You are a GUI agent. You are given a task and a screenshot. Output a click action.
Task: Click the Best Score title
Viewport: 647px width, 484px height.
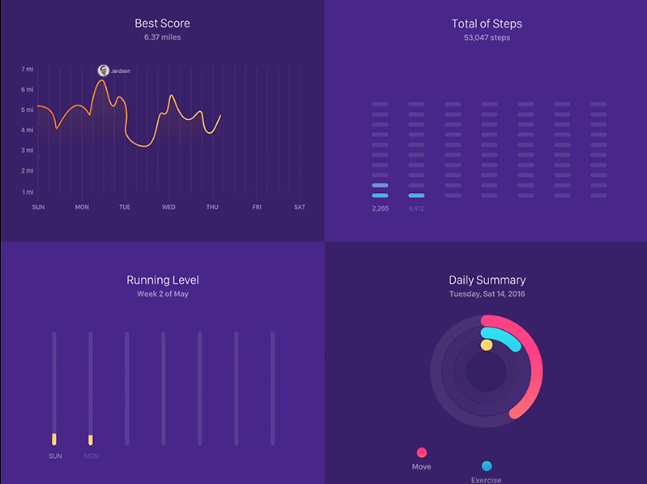pyautogui.click(x=163, y=24)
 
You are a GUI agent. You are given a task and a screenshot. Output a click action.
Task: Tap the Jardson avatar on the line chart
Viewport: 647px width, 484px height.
pyautogui.click(x=103, y=71)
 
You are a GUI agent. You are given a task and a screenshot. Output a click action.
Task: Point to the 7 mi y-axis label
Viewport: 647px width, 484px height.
pyautogui.click(x=28, y=70)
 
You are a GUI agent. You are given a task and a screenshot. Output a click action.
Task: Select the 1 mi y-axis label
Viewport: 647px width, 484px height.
pyautogui.click(x=28, y=192)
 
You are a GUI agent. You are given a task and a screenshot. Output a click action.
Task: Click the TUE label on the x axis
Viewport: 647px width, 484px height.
pyautogui.click(x=125, y=208)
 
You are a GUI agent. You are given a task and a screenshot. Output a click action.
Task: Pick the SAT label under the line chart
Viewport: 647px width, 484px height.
pyautogui.click(x=300, y=208)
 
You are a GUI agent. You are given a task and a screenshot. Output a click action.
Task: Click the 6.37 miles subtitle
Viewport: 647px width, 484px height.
pyautogui.click(x=163, y=38)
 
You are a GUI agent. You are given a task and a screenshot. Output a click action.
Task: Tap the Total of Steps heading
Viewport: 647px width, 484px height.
pyautogui.click(x=487, y=24)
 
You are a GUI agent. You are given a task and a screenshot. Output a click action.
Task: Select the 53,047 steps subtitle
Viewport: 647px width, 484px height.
pyautogui.click(x=487, y=38)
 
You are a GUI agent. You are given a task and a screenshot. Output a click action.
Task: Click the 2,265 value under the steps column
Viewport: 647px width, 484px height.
pyautogui.click(x=380, y=209)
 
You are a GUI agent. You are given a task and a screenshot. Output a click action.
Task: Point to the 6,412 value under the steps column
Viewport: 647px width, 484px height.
pyautogui.click(x=416, y=209)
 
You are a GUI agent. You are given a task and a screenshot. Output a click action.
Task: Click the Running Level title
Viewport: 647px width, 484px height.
pyautogui.click(x=163, y=281)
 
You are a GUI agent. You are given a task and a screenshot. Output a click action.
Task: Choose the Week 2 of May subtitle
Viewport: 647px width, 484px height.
pyautogui.click(x=163, y=294)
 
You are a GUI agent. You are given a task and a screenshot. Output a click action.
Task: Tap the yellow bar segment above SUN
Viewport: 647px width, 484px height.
pyautogui.click(x=54, y=439)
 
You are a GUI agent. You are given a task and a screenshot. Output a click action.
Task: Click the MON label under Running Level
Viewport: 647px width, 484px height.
pyautogui.click(x=91, y=456)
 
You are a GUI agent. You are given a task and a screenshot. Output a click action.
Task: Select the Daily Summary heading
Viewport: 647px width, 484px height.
pyautogui.click(x=487, y=281)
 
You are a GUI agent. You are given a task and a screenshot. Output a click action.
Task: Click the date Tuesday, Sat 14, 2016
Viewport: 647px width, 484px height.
pyautogui.click(x=487, y=294)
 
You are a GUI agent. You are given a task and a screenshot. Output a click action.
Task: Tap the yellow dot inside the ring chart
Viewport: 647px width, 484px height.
pyautogui.click(x=486, y=345)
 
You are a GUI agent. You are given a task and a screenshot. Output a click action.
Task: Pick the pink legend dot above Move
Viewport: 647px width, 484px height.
pyautogui.click(x=421, y=452)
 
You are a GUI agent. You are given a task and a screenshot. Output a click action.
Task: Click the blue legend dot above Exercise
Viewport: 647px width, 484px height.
pyautogui.click(x=486, y=466)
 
